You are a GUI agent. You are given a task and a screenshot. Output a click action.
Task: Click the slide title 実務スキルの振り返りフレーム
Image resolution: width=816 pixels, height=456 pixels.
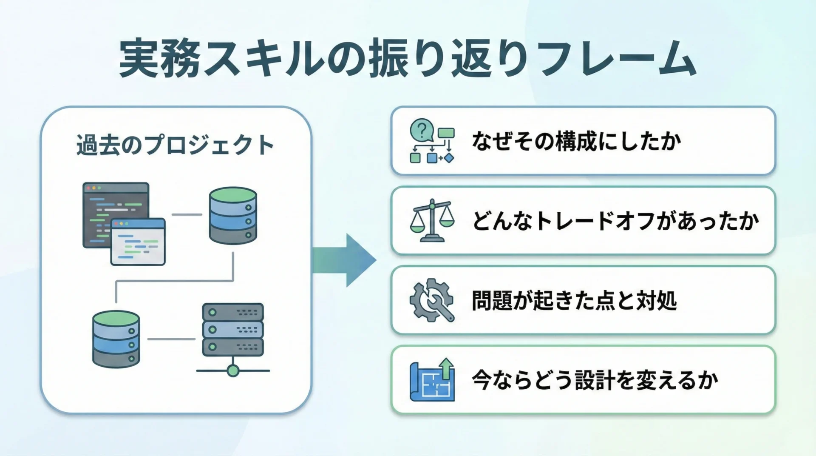click(407, 58)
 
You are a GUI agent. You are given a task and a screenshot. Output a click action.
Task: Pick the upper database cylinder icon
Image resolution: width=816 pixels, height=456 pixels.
click(233, 216)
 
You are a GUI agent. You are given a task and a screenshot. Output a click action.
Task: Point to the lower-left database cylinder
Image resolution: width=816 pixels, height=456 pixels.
click(116, 339)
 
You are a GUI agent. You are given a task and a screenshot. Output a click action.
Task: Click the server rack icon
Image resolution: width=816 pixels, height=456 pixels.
click(233, 330)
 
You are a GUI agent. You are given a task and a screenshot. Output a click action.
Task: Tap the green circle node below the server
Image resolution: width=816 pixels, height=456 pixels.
click(233, 370)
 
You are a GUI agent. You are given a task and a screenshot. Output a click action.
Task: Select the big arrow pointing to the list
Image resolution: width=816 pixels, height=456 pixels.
click(344, 260)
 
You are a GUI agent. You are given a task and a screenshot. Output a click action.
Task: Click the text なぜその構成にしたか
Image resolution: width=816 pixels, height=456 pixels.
click(576, 141)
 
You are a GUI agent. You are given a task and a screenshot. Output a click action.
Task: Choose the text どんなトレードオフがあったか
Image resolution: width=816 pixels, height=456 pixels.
click(615, 221)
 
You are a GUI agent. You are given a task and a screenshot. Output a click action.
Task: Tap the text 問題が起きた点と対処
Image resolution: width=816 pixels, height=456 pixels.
click(574, 300)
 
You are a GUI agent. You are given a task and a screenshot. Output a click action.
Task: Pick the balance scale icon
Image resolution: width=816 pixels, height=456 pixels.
click(432, 220)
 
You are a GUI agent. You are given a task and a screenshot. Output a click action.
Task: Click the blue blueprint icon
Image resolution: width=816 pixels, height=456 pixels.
click(431, 382)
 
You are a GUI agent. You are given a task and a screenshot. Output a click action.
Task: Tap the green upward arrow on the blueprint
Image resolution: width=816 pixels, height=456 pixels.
click(446, 367)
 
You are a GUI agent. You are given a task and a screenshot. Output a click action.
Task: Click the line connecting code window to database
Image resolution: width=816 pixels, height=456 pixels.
click(187, 214)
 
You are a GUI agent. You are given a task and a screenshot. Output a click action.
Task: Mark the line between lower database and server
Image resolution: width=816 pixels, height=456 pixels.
click(171, 339)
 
